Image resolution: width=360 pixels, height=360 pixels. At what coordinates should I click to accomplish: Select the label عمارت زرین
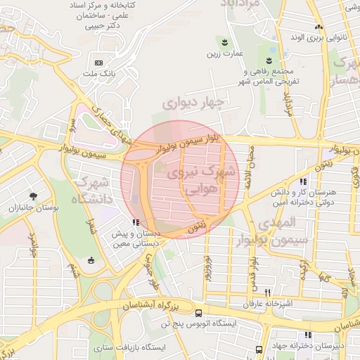pos(224,53)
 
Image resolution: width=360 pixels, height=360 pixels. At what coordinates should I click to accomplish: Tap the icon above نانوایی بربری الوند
pos(318,25)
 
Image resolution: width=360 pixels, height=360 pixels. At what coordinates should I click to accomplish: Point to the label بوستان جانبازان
pos(33,208)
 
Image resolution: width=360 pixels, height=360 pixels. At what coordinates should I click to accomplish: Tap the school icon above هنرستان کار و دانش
pos(303,182)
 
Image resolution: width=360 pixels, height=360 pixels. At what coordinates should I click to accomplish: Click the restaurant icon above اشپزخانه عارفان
pos(267,292)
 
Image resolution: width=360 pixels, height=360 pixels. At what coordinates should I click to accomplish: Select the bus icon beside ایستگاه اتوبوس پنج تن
pos(199,313)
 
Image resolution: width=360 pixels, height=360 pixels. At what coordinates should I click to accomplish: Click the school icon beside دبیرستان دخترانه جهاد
pos(307,335)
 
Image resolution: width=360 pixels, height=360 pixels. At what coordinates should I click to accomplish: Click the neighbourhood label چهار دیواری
pos(193,103)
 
